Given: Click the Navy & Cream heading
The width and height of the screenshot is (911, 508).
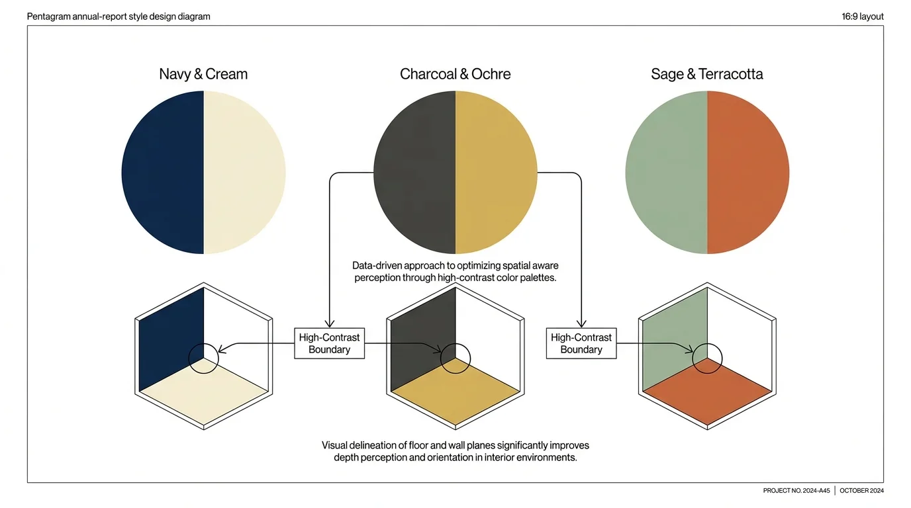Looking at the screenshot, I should [203, 74].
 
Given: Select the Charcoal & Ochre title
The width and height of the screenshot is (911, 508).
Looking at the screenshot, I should [455, 74].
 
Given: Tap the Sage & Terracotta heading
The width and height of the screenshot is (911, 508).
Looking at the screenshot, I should [706, 74].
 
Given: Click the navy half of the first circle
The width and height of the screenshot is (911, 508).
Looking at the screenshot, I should [162, 172].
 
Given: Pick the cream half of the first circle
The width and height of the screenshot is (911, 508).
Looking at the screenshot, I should [245, 172].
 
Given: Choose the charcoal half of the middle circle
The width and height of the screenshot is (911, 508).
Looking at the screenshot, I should [414, 172].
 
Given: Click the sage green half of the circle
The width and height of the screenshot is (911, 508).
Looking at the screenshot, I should [665, 172].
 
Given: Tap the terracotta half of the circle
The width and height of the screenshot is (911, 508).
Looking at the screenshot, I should [748, 172].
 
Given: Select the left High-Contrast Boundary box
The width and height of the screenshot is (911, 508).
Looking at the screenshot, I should [329, 343].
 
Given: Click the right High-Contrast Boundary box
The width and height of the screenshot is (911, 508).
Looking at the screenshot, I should [581, 343].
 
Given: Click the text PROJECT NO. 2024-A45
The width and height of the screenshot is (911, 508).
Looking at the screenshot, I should [796, 491].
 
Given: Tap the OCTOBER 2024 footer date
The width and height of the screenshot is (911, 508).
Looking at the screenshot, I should [861, 491].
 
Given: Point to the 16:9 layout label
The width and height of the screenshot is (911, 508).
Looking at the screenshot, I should [862, 17].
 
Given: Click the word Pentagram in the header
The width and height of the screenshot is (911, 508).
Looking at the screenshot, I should [48, 17].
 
